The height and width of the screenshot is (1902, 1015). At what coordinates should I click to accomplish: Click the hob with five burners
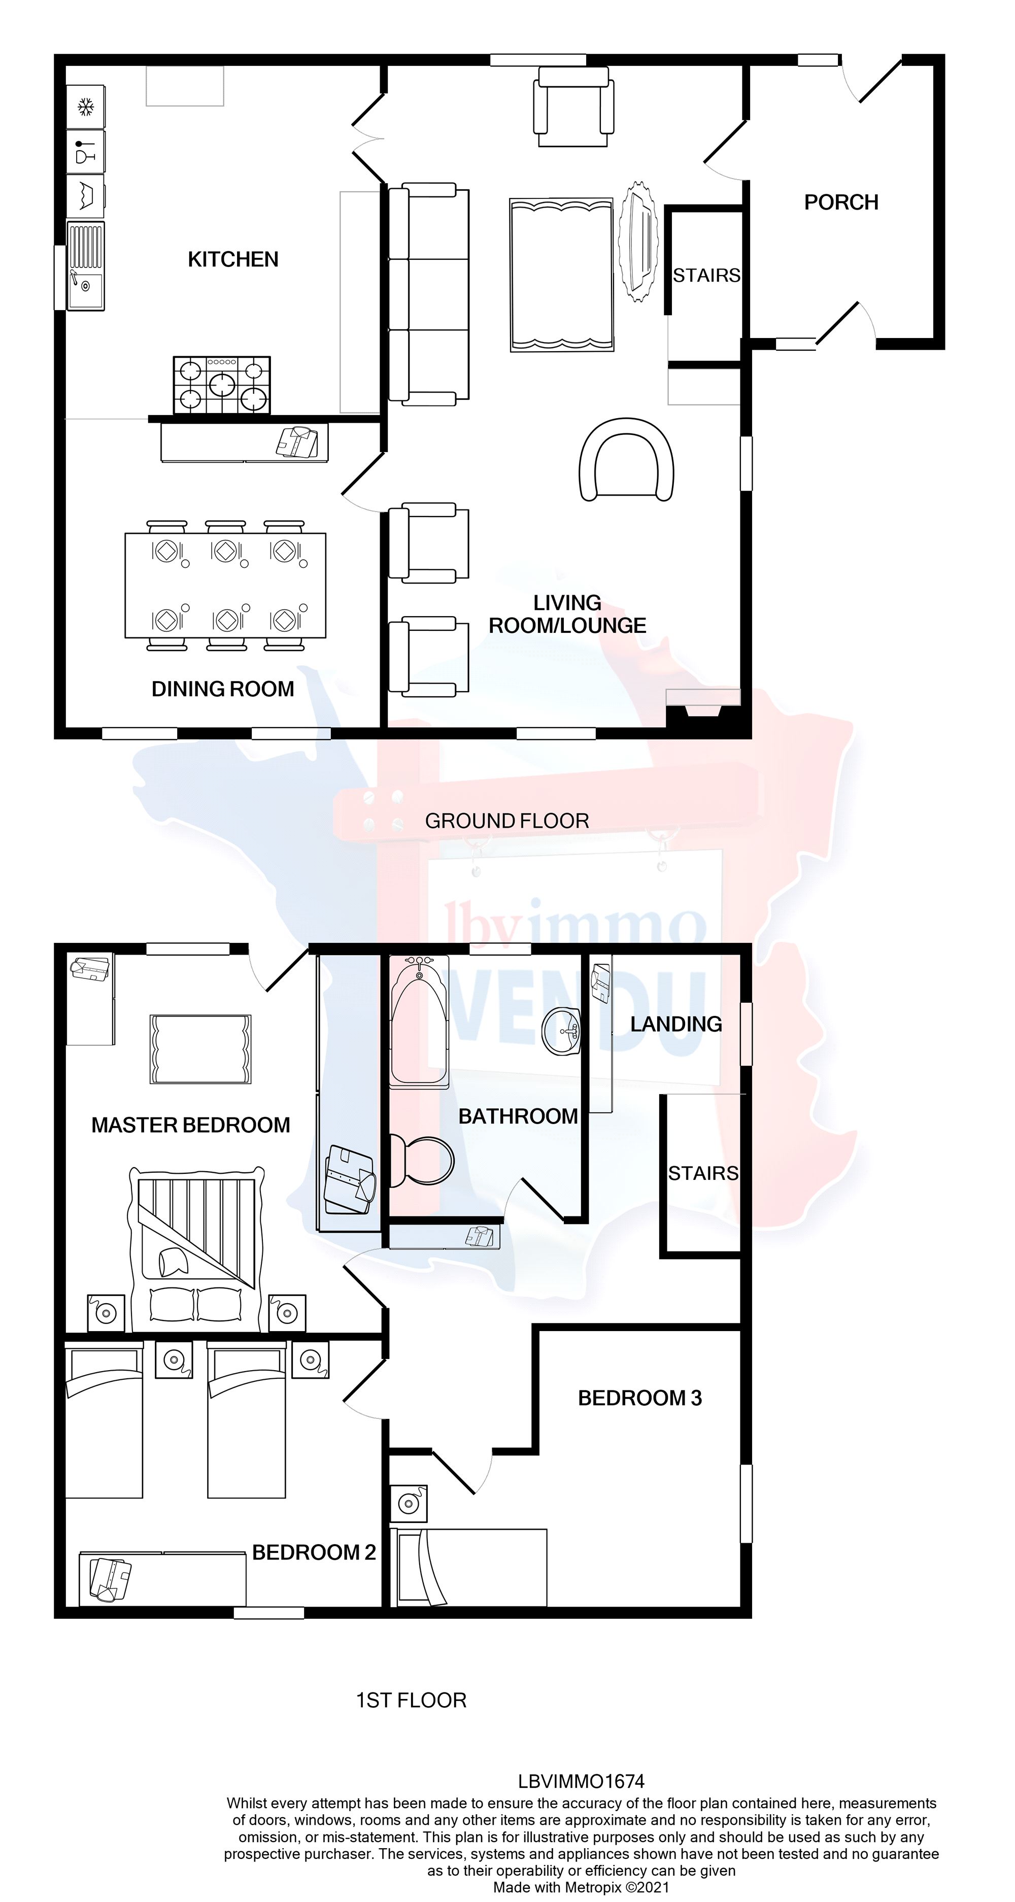click(x=221, y=385)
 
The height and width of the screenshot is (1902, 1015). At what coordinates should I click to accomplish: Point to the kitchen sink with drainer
click(x=86, y=266)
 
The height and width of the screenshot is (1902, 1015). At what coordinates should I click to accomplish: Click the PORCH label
click(x=841, y=202)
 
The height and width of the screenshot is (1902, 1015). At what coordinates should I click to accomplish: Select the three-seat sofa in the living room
click(x=428, y=294)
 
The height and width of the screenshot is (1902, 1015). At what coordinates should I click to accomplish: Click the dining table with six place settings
click(x=225, y=585)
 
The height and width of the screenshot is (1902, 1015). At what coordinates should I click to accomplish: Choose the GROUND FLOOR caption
click(x=506, y=821)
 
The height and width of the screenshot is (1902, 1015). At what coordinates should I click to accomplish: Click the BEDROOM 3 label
click(x=639, y=1398)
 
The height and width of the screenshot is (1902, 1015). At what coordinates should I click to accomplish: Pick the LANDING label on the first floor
click(x=675, y=1024)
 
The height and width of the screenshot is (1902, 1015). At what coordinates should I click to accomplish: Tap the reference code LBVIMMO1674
click(x=581, y=1782)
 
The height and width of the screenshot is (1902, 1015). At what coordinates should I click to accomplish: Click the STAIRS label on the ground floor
click(x=706, y=276)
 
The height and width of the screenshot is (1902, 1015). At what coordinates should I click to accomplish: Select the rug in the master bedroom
click(x=201, y=1049)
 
